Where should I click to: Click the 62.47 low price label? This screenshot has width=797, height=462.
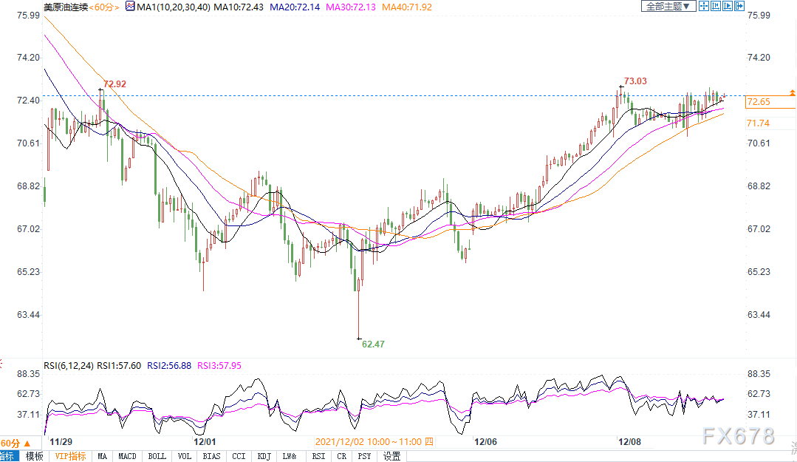373,344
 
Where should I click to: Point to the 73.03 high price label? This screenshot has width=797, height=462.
635,81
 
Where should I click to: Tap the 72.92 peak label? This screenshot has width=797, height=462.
114,84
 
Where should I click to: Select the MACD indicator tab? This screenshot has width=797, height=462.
127,456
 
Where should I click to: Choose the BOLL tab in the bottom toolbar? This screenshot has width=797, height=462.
157,456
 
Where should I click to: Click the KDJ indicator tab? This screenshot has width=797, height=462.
264,456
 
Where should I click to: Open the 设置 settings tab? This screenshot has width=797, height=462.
392,456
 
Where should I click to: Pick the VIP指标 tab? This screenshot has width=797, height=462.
71,456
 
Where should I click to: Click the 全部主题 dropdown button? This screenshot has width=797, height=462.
668,6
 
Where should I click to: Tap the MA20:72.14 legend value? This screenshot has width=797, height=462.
295,7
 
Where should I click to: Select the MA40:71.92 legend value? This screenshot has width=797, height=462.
407,7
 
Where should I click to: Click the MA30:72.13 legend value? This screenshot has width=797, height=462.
351,7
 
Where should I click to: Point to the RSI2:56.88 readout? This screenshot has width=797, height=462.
169,366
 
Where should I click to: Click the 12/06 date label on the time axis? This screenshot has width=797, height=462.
485,441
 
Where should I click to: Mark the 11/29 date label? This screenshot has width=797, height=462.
61,441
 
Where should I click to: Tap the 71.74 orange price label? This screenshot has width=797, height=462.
759,123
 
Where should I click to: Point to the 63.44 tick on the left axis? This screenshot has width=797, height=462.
29,315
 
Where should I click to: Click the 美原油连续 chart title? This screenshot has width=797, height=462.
66,7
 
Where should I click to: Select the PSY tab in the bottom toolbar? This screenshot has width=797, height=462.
364,456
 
